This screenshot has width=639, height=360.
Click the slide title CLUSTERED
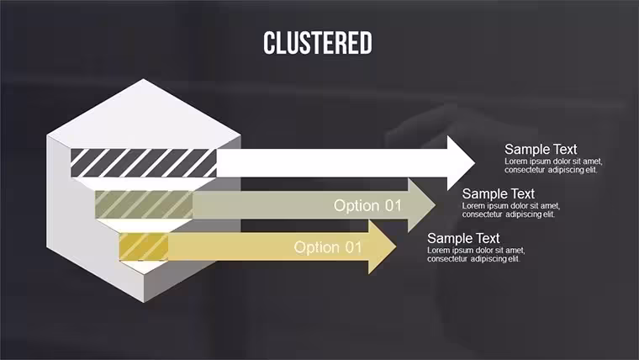tap(318, 43)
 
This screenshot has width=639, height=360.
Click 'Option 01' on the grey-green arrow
tap(367, 205)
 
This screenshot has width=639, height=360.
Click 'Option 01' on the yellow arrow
tap(328, 247)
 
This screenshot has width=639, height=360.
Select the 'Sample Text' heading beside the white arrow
tap(541, 149)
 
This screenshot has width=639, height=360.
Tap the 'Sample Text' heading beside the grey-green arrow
tap(498, 193)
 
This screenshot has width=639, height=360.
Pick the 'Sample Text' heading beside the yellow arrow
tap(463, 238)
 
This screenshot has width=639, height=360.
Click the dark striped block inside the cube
tap(144, 162)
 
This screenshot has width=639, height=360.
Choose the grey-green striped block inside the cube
tap(144, 204)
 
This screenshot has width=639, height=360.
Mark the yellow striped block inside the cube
tap(144, 246)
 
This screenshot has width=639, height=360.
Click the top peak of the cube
tap(144, 79)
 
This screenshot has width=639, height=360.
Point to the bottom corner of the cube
tap(144, 303)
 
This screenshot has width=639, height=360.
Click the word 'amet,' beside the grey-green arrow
tap(550, 206)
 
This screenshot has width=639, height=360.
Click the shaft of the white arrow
tap(332, 162)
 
